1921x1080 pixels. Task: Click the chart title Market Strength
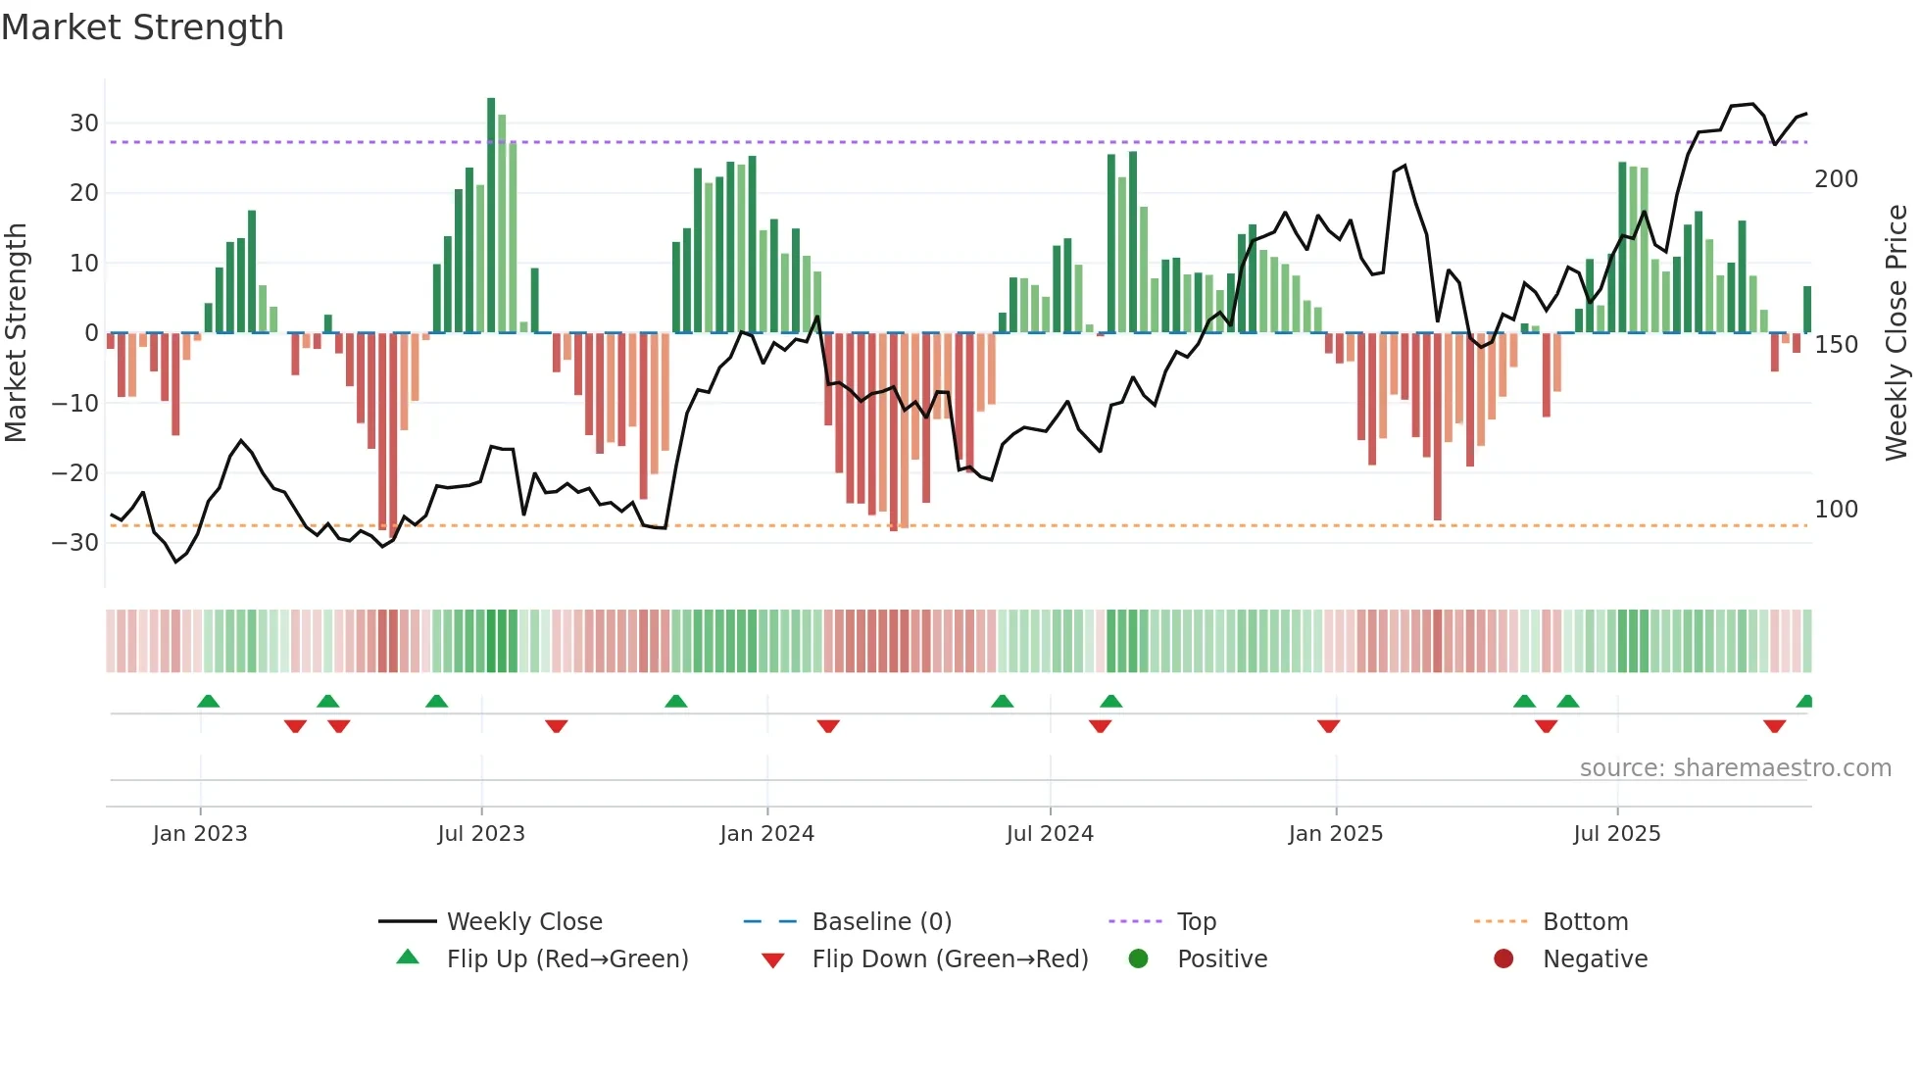pyautogui.click(x=142, y=27)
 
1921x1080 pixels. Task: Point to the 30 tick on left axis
pyautogui.click(x=84, y=123)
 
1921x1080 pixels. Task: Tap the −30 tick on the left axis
pyautogui.click(x=76, y=543)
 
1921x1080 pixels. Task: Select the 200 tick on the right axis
pyautogui.click(x=1836, y=179)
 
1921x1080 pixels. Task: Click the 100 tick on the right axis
pyautogui.click(x=1836, y=510)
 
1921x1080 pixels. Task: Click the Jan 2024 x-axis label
pyautogui.click(x=766, y=834)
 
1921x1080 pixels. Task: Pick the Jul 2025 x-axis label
pyautogui.click(x=1616, y=834)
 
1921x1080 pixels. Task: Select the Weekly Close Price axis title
pyautogui.click(x=1896, y=333)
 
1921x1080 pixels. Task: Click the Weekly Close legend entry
pyautogui.click(x=523, y=922)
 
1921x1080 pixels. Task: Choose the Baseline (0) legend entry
pyautogui.click(x=881, y=922)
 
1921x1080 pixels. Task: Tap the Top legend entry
pyautogui.click(x=1196, y=922)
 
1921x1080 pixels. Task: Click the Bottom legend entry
pyautogui.click(x=1585, y=922)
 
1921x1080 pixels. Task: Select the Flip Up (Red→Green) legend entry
pyautogui.click(x=566, y=959)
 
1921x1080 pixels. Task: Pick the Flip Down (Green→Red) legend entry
pyautogui.click(x=949, y=959)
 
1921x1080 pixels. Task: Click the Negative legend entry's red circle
pyautogui.click(x=1503, y=958)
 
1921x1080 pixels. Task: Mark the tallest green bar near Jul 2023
pyautogui.click(x=491, y=216)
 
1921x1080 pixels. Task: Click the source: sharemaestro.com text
pyautogui.click(x=1735, y=768)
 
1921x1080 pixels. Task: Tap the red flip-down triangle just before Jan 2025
pyautogui.click(x=1328, y=726)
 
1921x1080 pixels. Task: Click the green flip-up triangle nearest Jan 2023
pyautogui.click(x=208, y=701)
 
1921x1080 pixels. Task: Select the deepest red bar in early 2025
pyautogui.click(x=1437, y=426)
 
